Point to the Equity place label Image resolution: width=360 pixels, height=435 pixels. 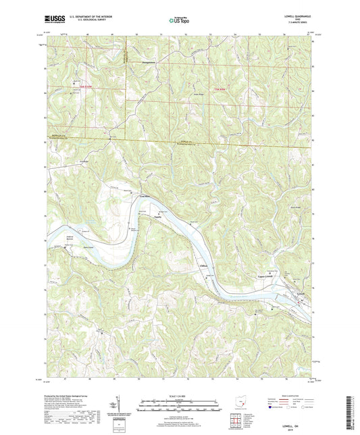158,217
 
